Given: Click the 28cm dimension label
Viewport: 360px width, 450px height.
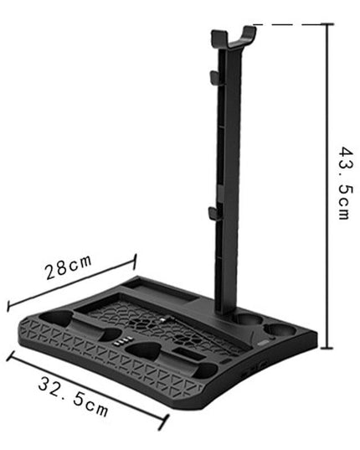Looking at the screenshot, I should click(x=69, y=268).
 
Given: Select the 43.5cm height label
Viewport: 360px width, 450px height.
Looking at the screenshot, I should click(x=344, y=184).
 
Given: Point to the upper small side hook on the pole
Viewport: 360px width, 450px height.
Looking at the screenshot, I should click(x=211, y=77).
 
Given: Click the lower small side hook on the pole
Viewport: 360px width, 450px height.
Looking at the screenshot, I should click(x=212, y=213).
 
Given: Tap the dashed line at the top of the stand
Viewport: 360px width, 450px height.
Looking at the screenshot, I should click(x=285, y=25).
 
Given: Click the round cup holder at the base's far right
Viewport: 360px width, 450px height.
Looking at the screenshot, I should click(x=280, y=328).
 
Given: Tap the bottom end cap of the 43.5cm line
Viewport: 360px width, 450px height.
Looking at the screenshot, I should click(x=327, y=346).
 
